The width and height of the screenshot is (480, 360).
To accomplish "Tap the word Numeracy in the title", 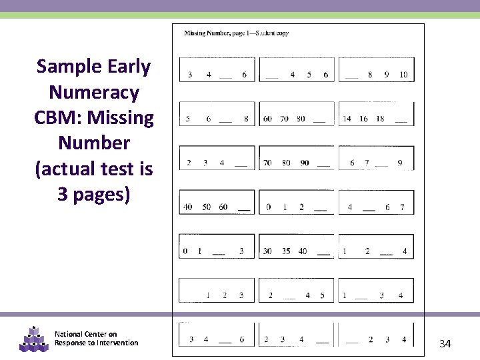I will click(x=94, y=92).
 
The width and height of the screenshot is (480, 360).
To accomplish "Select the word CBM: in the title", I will click(x=61, y=118).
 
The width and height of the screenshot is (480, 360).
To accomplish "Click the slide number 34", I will click(x=445, y=343).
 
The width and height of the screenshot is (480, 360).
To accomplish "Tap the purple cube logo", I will click(x=34, y=339).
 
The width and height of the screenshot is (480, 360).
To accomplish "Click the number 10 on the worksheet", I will click(x=403, y=75).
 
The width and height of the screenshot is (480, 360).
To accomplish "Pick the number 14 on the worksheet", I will click(x=347, y=119).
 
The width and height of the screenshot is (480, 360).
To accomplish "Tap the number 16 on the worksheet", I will click(x=363, y=119).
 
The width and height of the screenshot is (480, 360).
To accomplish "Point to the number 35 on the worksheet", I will click(x=285, y=251).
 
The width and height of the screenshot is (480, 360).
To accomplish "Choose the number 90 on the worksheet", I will click(x=305, y=163).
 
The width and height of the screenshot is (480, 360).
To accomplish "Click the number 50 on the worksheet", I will click(x=206, y=207).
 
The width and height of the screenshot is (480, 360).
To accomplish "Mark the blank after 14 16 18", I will click(x=401, y=121).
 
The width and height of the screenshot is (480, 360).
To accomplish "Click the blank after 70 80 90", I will click(x=323, y=165).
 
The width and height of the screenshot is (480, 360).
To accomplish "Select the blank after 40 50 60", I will click(x=244, y=210).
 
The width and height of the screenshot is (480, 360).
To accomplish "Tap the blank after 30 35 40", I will click(x=323, y=254).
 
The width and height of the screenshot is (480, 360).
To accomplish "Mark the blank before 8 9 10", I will click(x=351, y=77).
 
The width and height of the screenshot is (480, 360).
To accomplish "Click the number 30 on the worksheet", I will click(x=267, y=251).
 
